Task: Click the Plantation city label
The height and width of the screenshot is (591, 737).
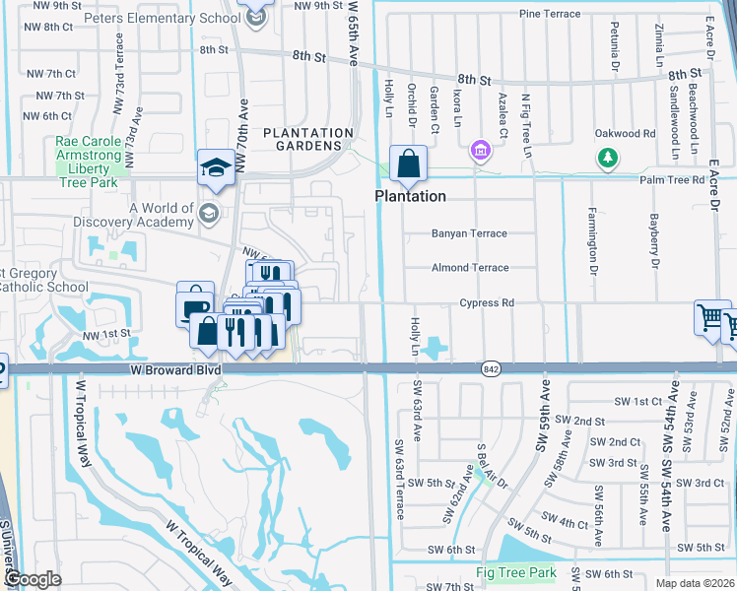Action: (x=410, y=196)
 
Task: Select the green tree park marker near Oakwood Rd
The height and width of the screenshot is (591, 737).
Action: (x=609, y=157)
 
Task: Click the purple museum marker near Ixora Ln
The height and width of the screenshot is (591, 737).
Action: (x=480, y=151)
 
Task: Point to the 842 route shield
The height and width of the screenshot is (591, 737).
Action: (x=490, y=368)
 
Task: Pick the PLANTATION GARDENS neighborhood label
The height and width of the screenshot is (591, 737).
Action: (x=307, y=139)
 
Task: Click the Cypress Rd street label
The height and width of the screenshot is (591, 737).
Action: (x=487, y=303)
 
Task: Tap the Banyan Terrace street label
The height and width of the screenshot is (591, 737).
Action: (x=469, y=233)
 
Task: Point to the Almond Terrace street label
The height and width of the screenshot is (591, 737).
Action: (x=470, y=268)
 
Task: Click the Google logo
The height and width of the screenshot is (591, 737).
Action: (x=33, y=579)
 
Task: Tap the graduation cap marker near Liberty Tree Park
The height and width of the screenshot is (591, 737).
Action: (x=215, y=168)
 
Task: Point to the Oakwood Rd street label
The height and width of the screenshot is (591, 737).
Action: (x=625, y=133)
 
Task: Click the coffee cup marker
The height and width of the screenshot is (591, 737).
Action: (x=194, y=302)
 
